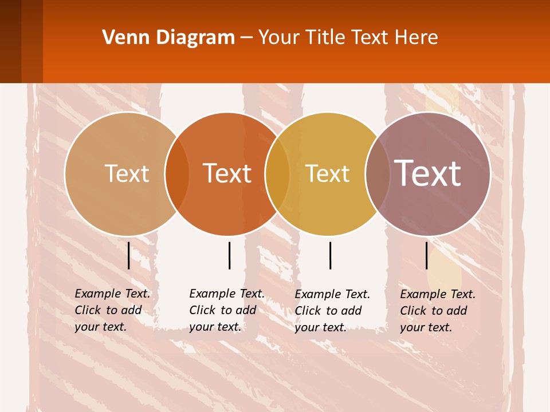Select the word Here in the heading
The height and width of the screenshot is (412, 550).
[x=417, y=38]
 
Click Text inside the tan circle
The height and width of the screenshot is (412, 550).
[x=127, y=173]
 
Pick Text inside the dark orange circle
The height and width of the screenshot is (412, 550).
[x=227, y=173]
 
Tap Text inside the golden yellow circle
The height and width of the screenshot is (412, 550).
[x=327, y=173]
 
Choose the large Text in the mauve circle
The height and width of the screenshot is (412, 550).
[x=427, y=173]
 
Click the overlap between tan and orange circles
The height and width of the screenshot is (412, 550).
[x=177, y=173]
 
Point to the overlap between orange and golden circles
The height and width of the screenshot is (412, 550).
[x=277, y=173]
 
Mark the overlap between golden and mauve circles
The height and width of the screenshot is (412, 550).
[x=376, y=173]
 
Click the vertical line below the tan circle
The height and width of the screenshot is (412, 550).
[x=128, y=255]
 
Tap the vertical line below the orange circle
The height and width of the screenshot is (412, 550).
[x=229, y=255]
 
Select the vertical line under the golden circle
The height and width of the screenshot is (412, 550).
[x=330, y=255]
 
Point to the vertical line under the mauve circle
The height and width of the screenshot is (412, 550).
[x=426, y=255]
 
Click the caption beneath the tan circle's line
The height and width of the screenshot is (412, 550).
[x=112, y=310]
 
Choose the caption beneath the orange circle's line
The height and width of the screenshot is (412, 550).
[x=226, y=310]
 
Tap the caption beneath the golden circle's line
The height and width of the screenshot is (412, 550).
[x=332, y=311]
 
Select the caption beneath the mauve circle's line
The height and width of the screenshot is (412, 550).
[x=437, y=311]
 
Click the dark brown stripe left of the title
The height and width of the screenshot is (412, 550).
[x=10, y=41]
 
